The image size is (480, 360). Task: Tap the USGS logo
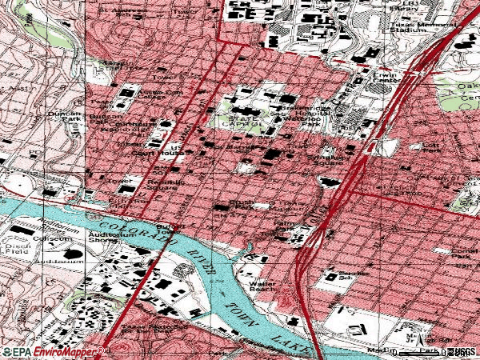tap(463, 351)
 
